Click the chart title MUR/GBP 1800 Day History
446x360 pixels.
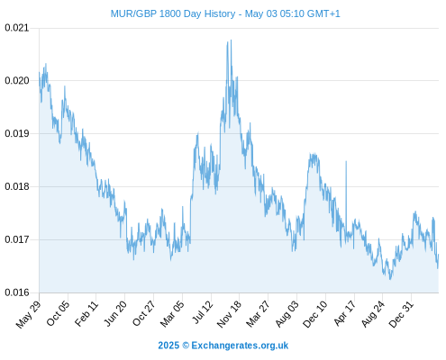[173, 13]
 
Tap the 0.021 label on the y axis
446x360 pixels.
[17, 28]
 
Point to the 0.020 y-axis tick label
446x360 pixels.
[17, 81]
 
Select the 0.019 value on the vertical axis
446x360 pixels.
[17, 133]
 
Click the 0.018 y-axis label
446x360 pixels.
[17, 186]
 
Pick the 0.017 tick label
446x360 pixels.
[17, 239]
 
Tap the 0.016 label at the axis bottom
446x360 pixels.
[17, 292]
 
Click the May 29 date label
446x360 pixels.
[28, 314]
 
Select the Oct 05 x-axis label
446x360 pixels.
[58, 313]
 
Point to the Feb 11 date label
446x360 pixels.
[86, 313]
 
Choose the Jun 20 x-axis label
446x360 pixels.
[115, 313]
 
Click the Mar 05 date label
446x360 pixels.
[172, 313]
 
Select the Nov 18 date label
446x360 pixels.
[229, 314]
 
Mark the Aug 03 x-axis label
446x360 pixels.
[287, 314]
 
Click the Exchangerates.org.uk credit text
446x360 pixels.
[240, 346]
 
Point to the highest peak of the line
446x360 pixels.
[231, 40]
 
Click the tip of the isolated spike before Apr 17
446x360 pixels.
[346, 161]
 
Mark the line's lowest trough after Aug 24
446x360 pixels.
[390, 279]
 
